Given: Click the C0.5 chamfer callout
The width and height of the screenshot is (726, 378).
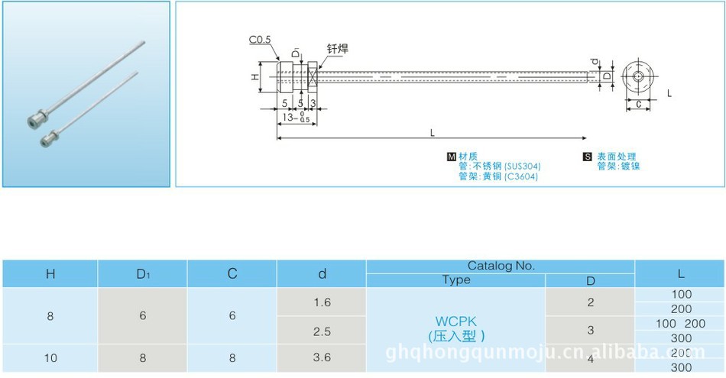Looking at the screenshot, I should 260,39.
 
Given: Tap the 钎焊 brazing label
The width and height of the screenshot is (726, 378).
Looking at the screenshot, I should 338,48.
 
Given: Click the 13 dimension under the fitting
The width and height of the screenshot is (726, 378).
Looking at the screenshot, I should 288,117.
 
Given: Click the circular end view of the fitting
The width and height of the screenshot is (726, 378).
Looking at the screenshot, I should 637,77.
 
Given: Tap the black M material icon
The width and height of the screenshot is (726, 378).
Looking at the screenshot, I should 451,157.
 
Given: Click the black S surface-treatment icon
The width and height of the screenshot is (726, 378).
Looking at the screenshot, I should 587,157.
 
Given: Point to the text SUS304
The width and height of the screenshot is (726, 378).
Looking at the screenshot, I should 522,166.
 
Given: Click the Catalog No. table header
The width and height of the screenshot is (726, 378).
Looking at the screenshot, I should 501,266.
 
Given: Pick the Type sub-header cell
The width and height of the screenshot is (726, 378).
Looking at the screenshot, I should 456,280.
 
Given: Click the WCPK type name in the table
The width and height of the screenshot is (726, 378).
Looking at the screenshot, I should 455,322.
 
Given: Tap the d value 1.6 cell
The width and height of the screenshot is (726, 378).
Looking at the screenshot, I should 322,302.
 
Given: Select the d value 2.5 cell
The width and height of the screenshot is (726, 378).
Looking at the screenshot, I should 322,331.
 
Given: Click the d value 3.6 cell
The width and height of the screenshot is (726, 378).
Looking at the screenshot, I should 322,357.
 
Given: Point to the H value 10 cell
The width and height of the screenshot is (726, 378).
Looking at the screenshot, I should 50,357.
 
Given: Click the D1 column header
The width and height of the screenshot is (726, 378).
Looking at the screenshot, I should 142,273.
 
